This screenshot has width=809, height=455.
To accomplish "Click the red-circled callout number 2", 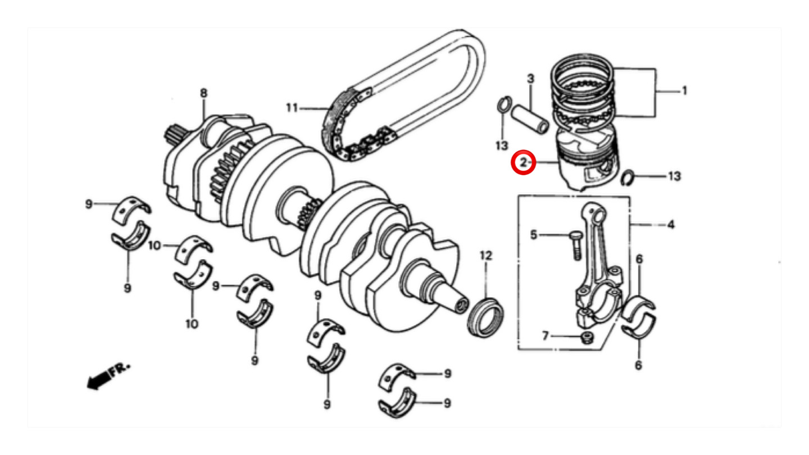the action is click(x=524, y=162).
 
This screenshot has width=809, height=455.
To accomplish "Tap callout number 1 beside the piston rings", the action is click(x=684, y=90).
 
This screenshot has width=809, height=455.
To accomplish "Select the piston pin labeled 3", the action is click(x=530, y=119).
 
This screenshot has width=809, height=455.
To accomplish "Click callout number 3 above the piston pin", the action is click(x=530, y=79).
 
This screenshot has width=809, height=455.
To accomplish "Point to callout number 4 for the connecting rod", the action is click(x=671, y=225).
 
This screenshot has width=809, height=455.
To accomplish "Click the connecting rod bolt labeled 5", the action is click(x=576, y=245).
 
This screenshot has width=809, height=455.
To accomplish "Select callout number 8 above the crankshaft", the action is click(x=204, y=93).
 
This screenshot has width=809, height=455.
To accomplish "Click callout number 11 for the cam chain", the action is click(x=292, y=108).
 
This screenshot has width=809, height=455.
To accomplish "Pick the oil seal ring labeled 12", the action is click(x=485, y=317).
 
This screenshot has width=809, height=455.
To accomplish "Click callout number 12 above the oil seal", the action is click(x=486, y=256).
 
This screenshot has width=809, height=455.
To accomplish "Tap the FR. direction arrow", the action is click(x=108, y=376).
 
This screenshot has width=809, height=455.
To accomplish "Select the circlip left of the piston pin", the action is click(x=504, y=104).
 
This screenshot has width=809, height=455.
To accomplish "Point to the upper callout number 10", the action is click(x=154, y=245).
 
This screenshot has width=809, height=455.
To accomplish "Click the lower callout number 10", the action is click(x=192, y=324).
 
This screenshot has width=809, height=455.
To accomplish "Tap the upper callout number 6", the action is click(x=639, y=259).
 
